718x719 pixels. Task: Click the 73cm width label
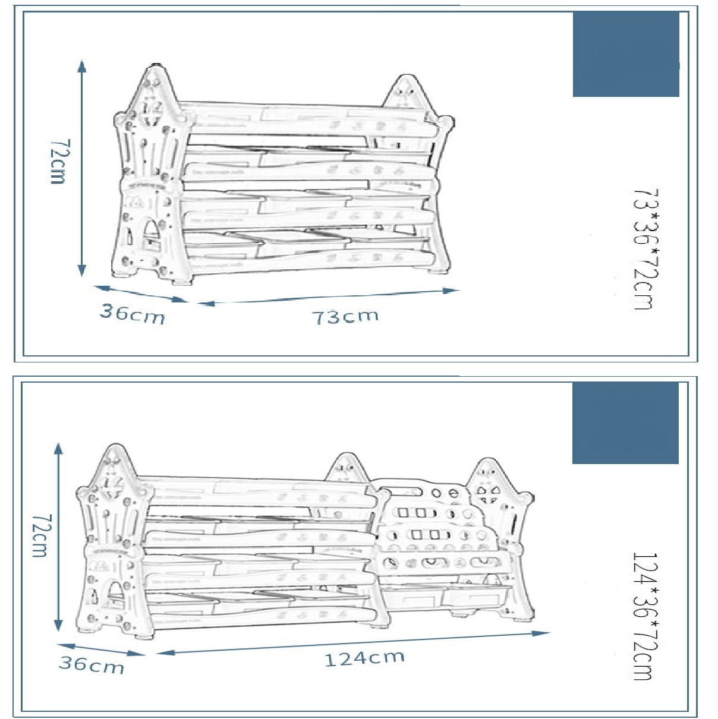click(x=345, y=316)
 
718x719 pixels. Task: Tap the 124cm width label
click(x=364, y=658)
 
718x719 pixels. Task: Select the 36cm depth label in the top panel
click(x=131, y=313)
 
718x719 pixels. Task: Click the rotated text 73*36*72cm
click(x=644, y=249)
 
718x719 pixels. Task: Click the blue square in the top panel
click(x=626, y=54)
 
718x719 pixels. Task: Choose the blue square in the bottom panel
click(x=625, y=422)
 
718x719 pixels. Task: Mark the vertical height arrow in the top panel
click(x=82, y=168)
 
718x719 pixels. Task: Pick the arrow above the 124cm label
click(x=353, y=642)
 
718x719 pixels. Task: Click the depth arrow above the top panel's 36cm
click(x=141, y=294)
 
